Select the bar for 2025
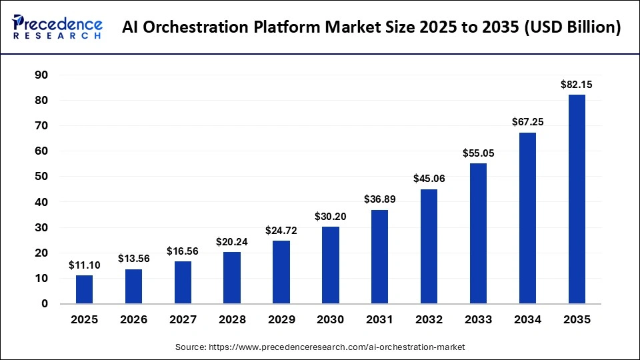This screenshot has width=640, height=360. coord(84,289)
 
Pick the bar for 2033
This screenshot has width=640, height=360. coord(478,233)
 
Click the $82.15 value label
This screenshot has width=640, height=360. coord(576,85)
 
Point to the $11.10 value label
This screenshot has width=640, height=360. coord(84,265)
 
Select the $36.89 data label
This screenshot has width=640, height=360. coord(379,199)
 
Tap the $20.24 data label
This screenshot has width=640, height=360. coord(232,242)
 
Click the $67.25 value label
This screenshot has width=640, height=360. coord(527,122)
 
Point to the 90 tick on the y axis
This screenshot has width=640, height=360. coord(42,75)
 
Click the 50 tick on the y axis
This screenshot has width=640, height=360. coord(42,177)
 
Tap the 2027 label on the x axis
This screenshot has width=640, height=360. coord(183,320)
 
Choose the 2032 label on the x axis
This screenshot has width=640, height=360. coord(429,320)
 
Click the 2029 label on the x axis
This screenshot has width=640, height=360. coord(281,320)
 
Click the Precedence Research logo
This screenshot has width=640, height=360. coord(57,27)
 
